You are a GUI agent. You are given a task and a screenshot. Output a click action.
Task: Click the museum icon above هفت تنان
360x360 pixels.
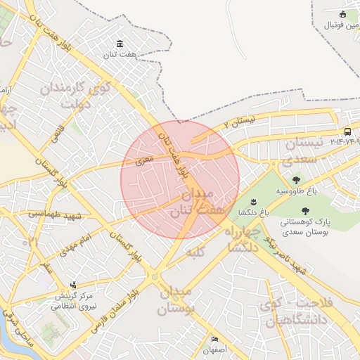(119, 44)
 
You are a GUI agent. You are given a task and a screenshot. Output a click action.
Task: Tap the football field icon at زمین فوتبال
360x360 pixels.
(342, 15)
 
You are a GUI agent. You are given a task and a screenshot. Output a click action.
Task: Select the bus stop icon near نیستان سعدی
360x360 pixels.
(347, 131)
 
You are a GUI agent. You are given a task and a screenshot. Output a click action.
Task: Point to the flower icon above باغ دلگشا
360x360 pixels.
(244, 202)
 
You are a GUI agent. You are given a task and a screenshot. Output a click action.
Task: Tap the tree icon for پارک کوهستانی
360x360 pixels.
(304, 210)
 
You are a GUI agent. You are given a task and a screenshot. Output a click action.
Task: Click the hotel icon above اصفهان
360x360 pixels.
(215, 339)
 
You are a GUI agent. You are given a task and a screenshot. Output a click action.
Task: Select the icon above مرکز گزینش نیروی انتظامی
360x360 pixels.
(74, 285)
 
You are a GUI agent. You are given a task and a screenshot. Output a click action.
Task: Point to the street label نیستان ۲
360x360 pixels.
(236, 123)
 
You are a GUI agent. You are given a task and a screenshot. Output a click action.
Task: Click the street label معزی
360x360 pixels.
(136, 162)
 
